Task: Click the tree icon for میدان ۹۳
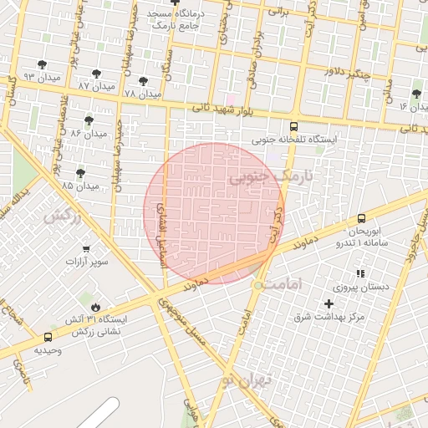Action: (x=43, y=65)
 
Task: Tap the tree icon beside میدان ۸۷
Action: (x=96, y=74)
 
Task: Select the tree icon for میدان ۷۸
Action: (x=143, y=82)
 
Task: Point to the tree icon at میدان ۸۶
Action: (x=89, y=121)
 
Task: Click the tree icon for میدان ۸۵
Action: (x=80, y=173)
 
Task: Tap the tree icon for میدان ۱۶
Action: (x=416, y=94)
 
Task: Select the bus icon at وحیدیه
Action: (x=47, y=339)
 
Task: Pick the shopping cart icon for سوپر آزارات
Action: (x=86, y=249)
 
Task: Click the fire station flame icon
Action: (x=96, y=307)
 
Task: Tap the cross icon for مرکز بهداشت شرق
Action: (x=328, y=303)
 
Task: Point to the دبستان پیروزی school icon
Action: (x=360, y=273)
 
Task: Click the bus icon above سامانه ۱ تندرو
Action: (x=361, y=217)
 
